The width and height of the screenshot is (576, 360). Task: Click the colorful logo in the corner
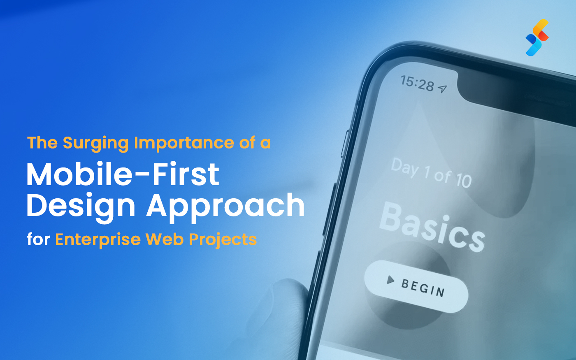(x=537, y=38)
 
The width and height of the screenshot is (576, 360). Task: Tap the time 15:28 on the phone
(x=417, y=84)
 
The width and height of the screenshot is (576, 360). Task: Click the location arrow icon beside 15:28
(x=442, y=88)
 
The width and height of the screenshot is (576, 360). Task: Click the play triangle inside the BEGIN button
(x=390, y=280)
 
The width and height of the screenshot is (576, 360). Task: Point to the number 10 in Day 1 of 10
(x=464, y=180)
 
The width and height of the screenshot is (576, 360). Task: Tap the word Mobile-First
(x=123, y=174)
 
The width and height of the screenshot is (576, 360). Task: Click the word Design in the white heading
(x=81, y=206)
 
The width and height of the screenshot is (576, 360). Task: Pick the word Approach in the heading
(x=225, y=206)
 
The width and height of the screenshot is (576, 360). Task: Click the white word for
(x=38, y=239)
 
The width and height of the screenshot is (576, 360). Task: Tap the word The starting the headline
(x=42, y=143)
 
